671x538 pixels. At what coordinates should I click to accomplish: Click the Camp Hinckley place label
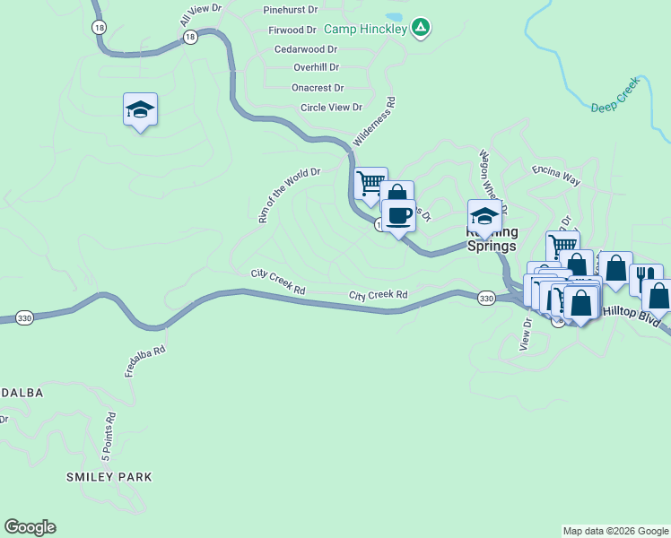point(366,29)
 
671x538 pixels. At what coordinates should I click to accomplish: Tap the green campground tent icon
point(421,29)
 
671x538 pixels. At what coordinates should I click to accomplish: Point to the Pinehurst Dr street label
point(291,10)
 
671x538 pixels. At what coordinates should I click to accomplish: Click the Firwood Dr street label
point(292,30)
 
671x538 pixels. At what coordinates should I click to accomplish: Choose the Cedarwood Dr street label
point(306,49)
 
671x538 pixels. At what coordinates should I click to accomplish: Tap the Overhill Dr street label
point(316,67)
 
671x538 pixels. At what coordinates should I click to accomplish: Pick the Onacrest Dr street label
point(318,88)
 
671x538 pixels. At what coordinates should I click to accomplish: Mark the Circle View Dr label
point(331,108)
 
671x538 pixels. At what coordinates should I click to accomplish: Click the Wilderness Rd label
point(374,123)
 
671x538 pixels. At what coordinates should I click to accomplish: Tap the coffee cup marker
point(398,216)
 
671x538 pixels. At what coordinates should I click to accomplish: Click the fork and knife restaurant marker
point(646,279)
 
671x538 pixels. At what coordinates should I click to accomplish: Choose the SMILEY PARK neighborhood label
point(109,477)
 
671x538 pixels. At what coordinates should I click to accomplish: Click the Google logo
point(30,527)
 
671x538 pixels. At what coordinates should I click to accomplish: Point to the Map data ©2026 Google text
point(614,531)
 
